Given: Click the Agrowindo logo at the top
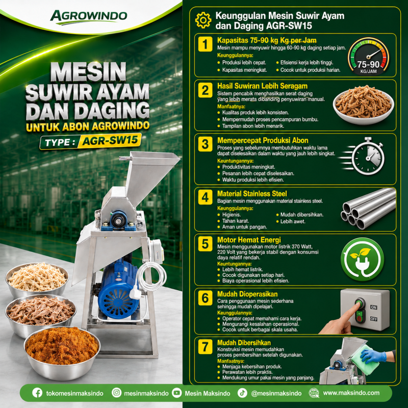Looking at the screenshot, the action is (x=88, y=17).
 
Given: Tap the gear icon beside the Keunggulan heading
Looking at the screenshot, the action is (x=203, y=20).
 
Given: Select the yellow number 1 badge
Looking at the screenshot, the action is (x=205, y=44).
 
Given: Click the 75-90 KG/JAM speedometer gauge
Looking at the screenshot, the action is (x=368, y=56).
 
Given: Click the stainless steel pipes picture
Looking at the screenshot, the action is (x=368, y=209).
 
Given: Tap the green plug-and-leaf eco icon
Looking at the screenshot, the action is (x=362, y=259).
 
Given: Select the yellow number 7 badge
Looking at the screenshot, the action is (x=205, y=347).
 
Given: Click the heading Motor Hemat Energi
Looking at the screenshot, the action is (x=249, y=240).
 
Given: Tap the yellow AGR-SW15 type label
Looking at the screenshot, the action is (x=110, y=141).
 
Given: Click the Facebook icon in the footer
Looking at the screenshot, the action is (x=37, y=393).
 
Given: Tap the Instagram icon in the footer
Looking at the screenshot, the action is (x=116, y=393).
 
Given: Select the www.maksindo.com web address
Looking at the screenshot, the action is (x=351, y=393).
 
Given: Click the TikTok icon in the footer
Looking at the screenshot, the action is (x=242, y=393).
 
